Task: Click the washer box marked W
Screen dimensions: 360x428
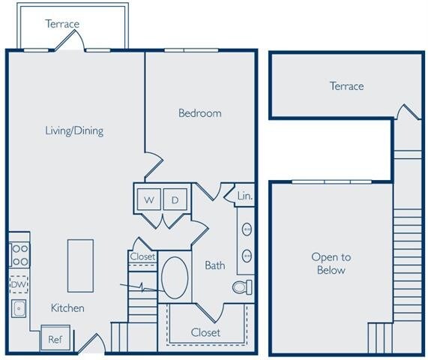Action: coord(149,199)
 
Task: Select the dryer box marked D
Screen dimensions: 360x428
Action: coord(175,199)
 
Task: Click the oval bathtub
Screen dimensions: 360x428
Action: coord(177,279)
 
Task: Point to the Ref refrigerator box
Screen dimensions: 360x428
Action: coord(55,338)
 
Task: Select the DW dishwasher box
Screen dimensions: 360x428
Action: coord(19,284)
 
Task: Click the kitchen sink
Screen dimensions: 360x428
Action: coord(19,308)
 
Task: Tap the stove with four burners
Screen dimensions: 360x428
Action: coord(19,255)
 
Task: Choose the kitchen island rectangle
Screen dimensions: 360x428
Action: coord(80,265)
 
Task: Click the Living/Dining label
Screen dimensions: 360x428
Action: coord(73,130)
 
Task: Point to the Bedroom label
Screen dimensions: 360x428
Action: coord(199,113)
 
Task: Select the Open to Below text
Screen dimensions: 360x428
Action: coord(331,263)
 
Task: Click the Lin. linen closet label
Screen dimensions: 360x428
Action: coord(245,196)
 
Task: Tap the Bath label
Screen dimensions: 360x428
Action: coord(215,265)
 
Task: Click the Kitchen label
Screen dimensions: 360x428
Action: coord(67,308)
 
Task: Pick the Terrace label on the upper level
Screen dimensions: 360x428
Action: coord(346,86)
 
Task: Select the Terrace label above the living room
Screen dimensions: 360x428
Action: coord(62,24)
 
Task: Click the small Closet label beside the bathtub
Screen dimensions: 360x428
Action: coord(142,256)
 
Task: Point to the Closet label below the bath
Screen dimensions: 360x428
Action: coord(205,332)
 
